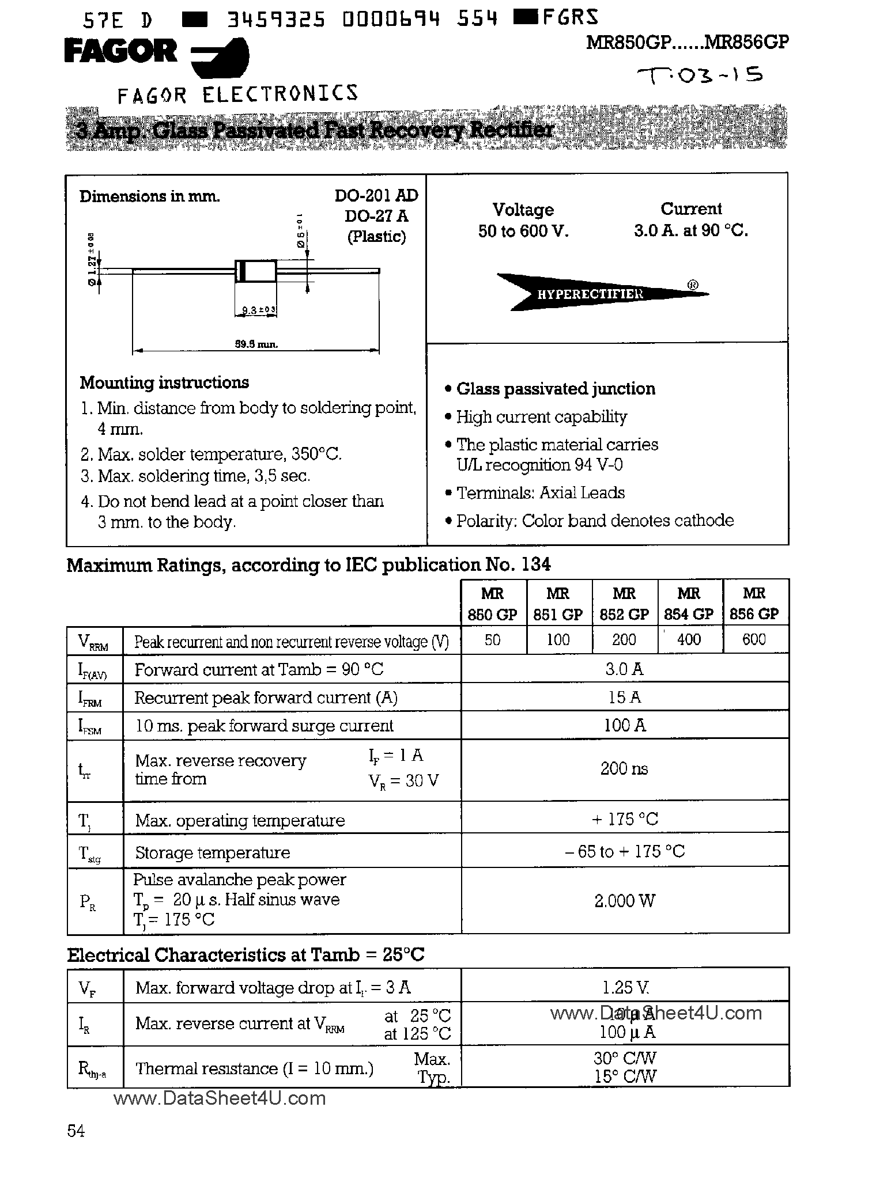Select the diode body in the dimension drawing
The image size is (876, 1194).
click(x=256, y=271)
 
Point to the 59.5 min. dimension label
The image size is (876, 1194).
click(x=256, y=344)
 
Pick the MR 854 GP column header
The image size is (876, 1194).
click(x=689, y=603)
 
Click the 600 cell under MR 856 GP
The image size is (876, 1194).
click(x=754, y=639)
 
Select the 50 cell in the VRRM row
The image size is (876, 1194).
click(x=493, y=640)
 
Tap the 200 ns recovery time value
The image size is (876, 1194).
click(x=624, y=768)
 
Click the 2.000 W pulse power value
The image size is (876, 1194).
click(x=624, y=900)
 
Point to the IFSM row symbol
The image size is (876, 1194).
click(x=89, y=727)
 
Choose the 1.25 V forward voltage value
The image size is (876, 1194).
click(x=624, y=988)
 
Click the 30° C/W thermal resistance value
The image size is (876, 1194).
click(x=625, y=1057)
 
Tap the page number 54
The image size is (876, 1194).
click(x=76, y=1131)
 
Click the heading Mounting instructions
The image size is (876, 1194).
click(x=164, y=382)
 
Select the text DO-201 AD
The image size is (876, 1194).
click(x=376, y=196)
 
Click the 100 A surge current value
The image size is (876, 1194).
click(x=624, y=725)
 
